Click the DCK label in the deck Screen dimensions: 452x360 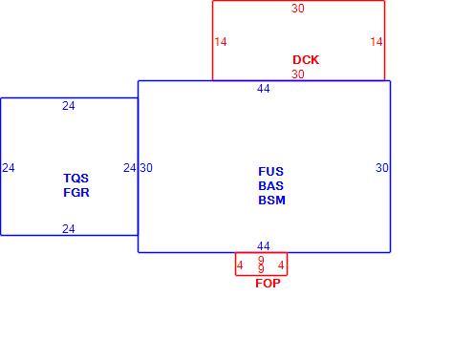coord(306,60)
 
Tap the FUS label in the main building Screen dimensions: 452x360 coord(270,172)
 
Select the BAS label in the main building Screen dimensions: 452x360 coord(270,186)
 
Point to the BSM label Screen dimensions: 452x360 coord(271,201)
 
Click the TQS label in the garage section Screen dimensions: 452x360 coord(75,179)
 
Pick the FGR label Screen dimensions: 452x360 coord(76,193)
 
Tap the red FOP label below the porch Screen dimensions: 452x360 coord(268,284)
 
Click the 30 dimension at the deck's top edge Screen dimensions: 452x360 coord(298,9)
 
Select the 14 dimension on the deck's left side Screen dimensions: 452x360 coord(221,42)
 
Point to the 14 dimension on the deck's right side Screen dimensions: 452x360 coord(377,42)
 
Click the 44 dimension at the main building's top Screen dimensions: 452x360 coord(264,89)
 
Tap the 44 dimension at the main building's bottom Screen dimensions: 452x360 coord(264,246)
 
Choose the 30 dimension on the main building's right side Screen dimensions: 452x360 coord(382,168)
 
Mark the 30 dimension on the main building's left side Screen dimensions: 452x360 coord(146,168)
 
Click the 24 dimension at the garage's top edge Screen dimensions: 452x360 coord(69,106)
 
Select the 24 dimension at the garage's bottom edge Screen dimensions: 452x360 coord(69,229)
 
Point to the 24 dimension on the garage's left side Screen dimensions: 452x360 coord(9,168)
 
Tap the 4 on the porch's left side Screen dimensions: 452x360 coord(240,265)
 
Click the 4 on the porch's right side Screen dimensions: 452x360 coord(281,265)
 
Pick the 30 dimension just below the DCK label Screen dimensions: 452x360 coord(298,74)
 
